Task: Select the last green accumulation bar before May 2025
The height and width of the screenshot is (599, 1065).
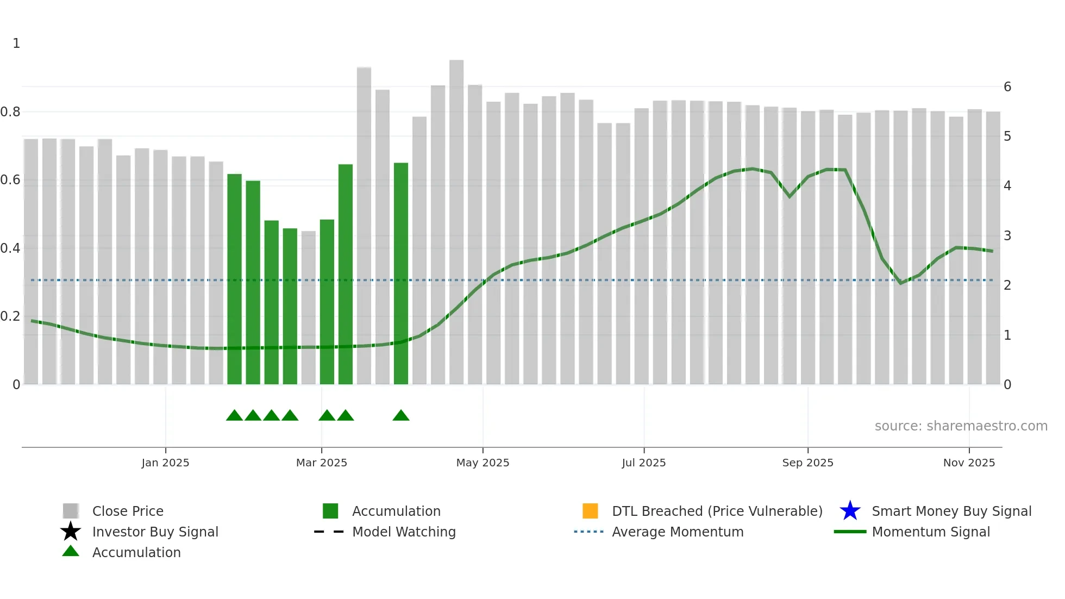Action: point(400,272)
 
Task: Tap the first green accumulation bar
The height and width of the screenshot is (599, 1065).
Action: point(234,277)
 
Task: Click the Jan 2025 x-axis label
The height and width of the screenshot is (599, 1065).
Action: point(165,463)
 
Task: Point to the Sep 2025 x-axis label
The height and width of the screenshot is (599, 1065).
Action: point(807,463)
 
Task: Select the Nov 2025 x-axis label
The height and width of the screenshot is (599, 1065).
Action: point(969,463)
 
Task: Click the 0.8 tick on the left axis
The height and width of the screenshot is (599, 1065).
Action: point(10,112)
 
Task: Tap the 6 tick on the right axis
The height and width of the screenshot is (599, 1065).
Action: point(1007,87)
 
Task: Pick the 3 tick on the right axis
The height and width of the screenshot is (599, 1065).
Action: point(1007,236)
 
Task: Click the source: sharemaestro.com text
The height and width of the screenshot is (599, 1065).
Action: point(961,426)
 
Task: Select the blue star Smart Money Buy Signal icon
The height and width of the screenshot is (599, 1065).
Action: point(850,511)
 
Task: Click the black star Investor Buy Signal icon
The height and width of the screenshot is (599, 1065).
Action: point(71,532)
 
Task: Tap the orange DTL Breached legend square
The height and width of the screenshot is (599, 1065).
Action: point(590,511)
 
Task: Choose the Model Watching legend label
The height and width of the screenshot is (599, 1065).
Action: point(404,532)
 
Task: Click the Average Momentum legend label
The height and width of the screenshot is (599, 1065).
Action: point(678,532)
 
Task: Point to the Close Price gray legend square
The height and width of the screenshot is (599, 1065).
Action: point(71,511)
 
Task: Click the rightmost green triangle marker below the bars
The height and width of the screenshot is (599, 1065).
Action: point(400,416)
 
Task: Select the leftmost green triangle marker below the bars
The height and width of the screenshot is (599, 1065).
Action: point(234,416)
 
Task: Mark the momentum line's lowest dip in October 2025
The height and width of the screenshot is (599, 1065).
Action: point(901,283)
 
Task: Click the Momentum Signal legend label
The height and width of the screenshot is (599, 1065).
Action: point(931,532)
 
